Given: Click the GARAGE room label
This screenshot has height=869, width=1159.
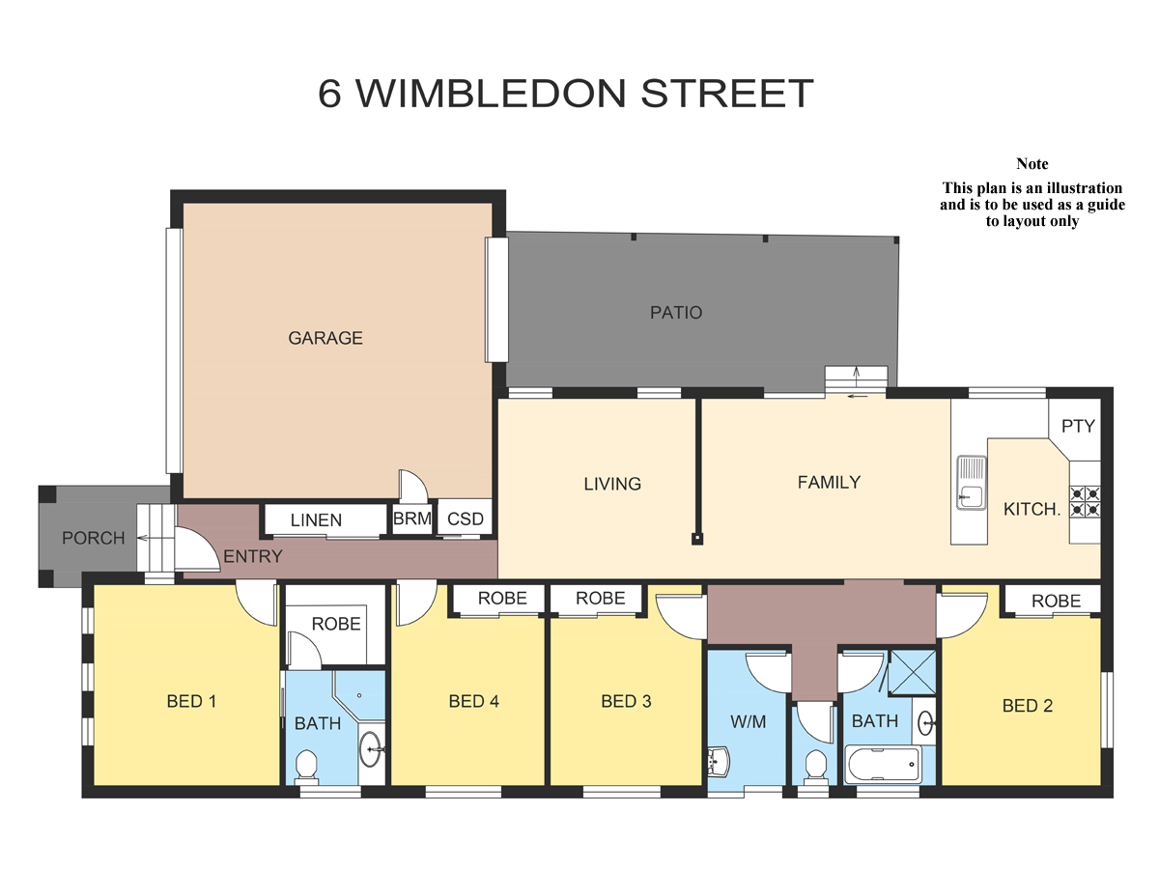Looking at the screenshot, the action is point(325,338).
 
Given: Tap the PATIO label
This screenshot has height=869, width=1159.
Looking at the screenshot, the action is point(676,312).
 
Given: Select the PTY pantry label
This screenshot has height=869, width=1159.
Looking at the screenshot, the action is point(1078,426).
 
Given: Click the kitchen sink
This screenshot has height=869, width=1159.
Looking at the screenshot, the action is point(971,483).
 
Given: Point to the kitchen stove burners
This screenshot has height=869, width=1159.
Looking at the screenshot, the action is point(1085,501).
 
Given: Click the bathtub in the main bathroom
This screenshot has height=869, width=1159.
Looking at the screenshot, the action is point(883,765).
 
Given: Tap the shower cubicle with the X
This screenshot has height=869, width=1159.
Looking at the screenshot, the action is point(913,672).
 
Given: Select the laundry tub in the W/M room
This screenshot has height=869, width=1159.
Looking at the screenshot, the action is point(719,763).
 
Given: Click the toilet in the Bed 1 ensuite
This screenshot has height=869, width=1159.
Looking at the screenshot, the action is point(306,765).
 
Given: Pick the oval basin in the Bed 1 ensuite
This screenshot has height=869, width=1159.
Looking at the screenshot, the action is point(370,748).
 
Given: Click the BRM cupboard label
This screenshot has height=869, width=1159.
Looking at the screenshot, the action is point(411,519).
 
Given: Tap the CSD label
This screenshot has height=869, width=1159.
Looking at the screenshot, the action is point(466,519).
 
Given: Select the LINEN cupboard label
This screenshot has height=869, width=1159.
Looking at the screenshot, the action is point(316,520).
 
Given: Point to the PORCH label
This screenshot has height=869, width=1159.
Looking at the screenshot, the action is point(94,538).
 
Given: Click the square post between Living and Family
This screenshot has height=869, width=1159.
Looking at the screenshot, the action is point(697,539).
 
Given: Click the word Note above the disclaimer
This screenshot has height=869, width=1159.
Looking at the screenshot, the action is point(1032,163).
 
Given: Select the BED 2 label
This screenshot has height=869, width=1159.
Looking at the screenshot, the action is point(1027,706).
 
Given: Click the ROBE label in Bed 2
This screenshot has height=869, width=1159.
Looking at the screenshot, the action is point(1056,601).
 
